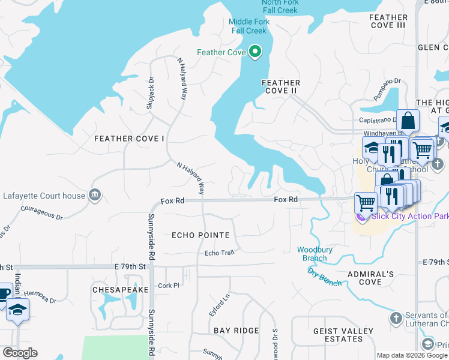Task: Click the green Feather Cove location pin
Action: (x=255, y=52)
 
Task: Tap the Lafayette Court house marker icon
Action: (x=95, y=195)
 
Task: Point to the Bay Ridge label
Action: (x=236, y=331)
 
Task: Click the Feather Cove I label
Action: (x=129, y=139)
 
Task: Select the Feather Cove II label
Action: (x=280, y=86)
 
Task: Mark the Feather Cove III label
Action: (x=389, y=22)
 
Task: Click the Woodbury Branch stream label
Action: (x=312, y=254)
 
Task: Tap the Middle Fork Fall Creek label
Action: (x=249, y=26)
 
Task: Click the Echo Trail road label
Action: (x=219, y=253)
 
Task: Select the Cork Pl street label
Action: (x=168, y=286)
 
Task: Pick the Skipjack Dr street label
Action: (x=150, y=94)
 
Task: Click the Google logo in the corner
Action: (x=19, y=353)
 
